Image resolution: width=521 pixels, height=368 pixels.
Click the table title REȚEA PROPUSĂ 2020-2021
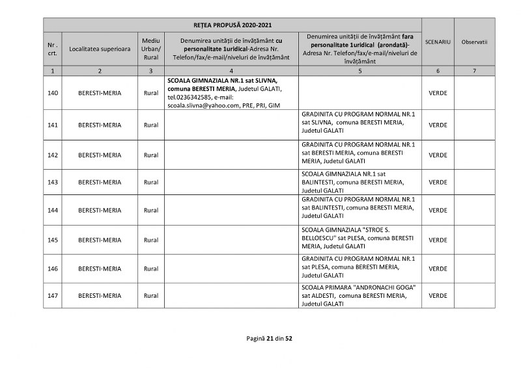tap(232, 25)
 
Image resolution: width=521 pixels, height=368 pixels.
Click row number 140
tap(53, 93)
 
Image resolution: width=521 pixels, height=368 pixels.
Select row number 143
tap(53, 182)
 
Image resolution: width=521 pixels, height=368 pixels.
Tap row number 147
tap(53, 296)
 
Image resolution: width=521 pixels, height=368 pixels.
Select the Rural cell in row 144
tap(150, 211)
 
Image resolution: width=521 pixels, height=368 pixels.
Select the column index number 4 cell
tap(232, 70)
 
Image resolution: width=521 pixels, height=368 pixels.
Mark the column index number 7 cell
tap(474, 70)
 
